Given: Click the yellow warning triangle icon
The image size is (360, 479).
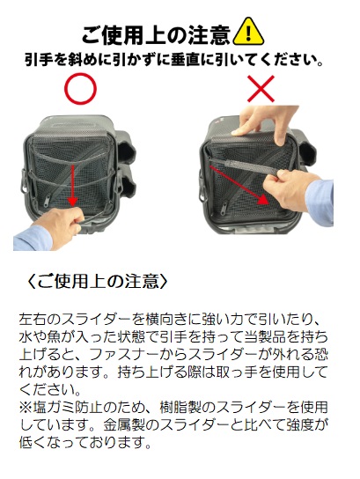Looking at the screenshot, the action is click(248, 32).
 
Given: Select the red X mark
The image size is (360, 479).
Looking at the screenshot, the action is click(261, 89).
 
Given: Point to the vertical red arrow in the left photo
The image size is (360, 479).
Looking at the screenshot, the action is click(73, 185).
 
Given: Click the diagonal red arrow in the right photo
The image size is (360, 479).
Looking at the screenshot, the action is click(239, 185).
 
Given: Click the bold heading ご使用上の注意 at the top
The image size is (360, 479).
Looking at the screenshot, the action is click(156, 35).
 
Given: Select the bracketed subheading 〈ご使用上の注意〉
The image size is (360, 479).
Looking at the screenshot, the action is click(98, 281).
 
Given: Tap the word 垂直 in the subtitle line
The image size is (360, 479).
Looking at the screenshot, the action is click(190, 60).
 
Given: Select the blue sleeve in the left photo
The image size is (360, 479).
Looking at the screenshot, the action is click(32, 239).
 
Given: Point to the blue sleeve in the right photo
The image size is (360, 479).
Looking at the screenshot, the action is click(320, 203).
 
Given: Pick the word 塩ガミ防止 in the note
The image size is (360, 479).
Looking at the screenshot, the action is click(68, 407).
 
